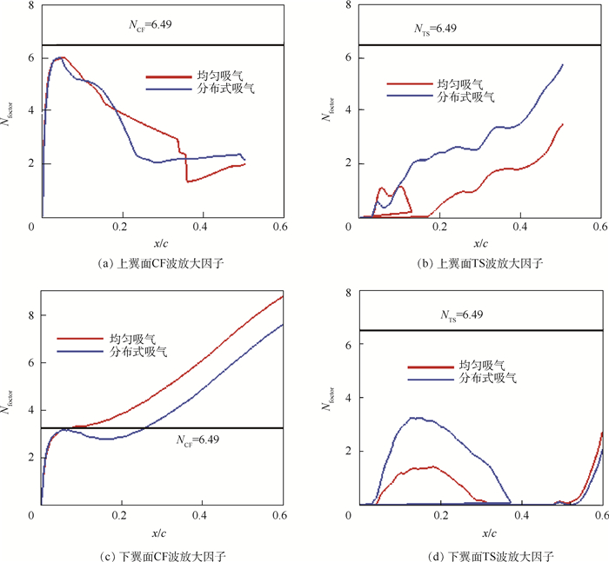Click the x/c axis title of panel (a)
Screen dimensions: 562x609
(160, 242)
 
